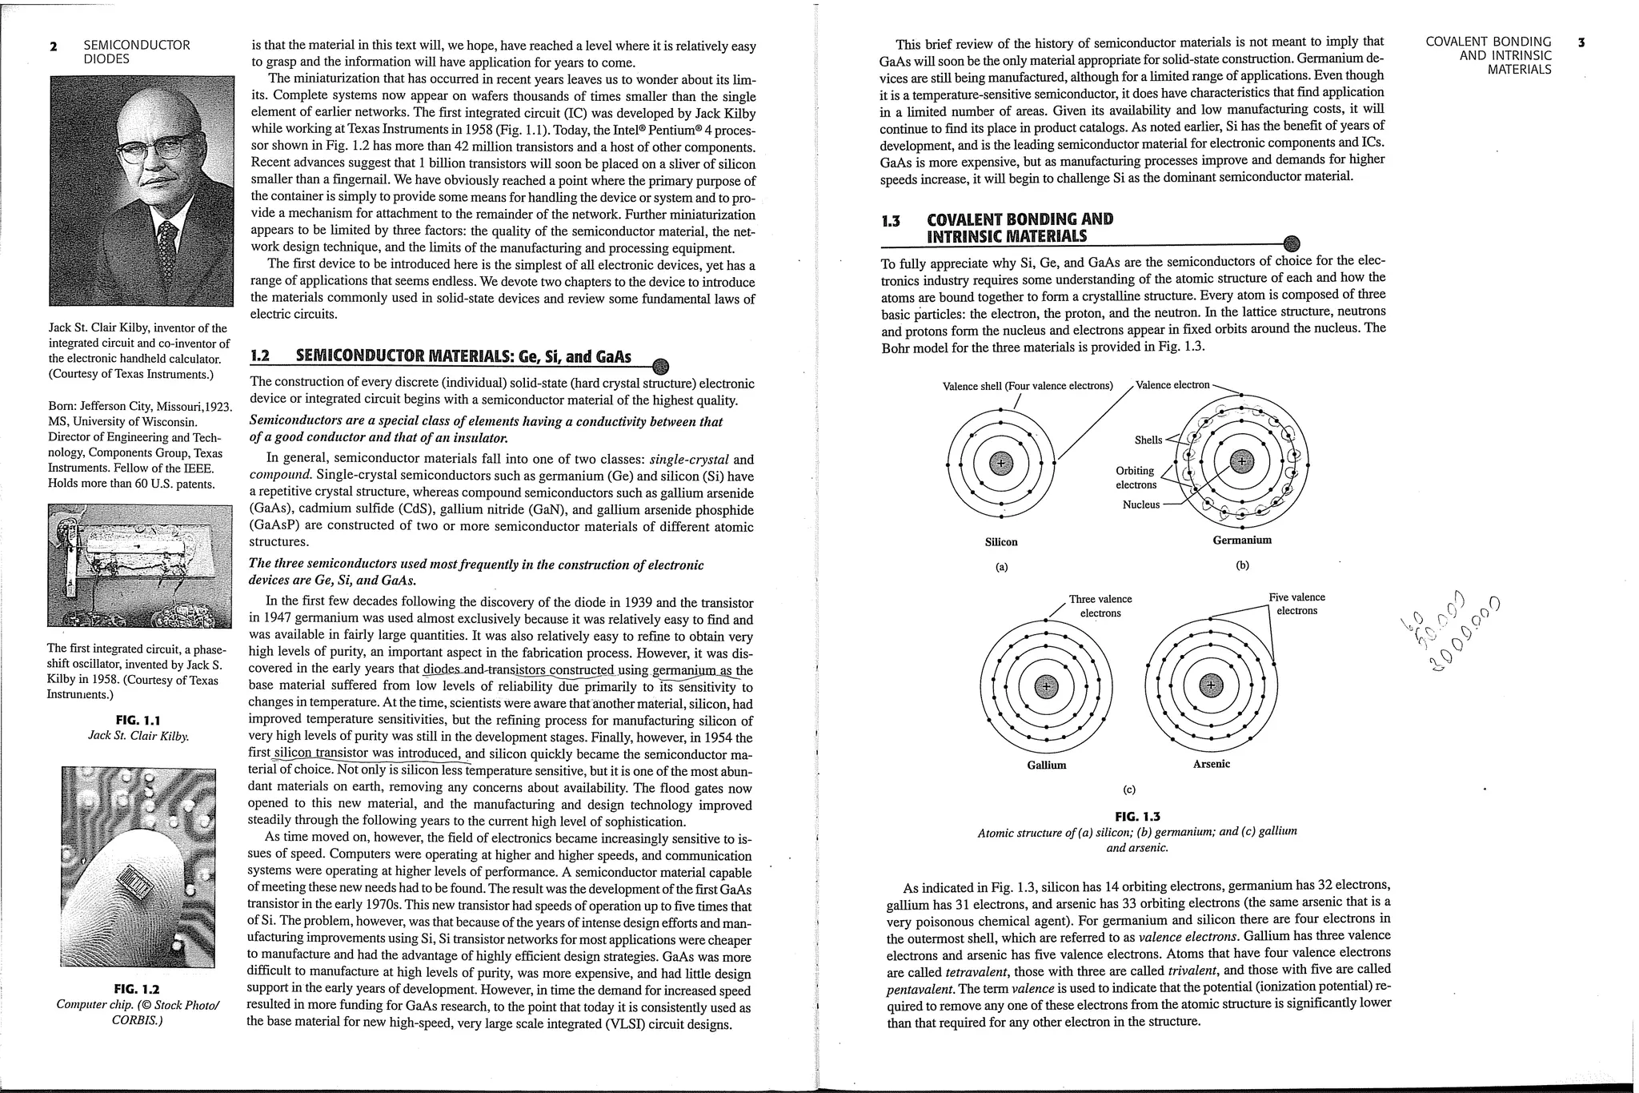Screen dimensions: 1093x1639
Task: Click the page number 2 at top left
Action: [x=54, y=46]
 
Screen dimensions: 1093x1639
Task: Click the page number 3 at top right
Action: [x=1581, y=42]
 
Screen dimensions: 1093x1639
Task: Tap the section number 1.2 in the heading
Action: [x=260, y=356]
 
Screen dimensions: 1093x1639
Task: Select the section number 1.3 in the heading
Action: [x=890, y=220]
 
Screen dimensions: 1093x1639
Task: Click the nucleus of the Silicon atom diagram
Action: [x=1000, y=462]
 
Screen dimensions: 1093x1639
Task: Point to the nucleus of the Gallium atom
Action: [x=1046, y=685]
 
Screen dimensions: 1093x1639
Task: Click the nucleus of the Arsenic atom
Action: [x=1211, y=685]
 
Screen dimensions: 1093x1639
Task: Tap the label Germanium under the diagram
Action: [x=1241, y=540]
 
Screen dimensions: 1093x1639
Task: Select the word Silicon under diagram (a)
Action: [x=1000, y=542]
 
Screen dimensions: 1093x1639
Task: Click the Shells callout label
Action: [x=1148, y=440]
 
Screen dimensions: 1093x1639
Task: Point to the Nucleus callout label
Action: [x=1140, y=504]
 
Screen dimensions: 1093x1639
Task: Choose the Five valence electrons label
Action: [x=1296, y=604]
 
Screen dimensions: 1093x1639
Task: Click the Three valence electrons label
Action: [x=1100, y=606]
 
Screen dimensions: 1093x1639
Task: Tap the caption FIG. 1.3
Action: [x=1136, y=817]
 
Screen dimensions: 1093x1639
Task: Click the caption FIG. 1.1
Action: [x=138, y=720]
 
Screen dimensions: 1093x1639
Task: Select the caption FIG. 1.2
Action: [x=137, y=989]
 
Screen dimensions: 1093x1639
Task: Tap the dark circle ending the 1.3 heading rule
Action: [x=1291, y=243]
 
